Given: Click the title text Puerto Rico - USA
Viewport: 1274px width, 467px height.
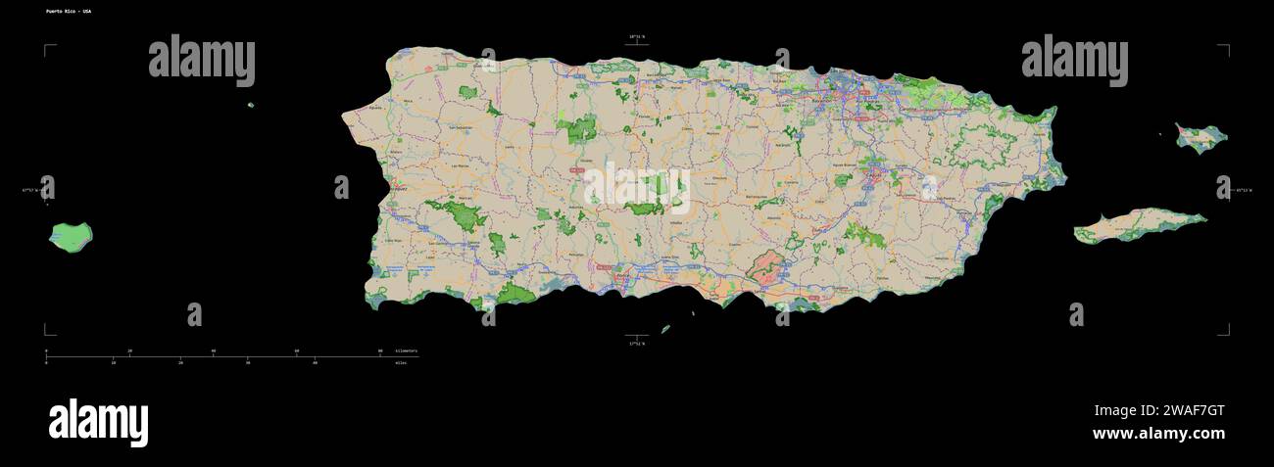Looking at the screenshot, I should click(69, 11).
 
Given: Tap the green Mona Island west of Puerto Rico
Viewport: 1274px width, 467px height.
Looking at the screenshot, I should click(71, 237).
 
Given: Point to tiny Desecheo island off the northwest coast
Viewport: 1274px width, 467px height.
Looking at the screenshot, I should click(251, 105).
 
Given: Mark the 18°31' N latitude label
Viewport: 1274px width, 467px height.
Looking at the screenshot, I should click(637, 37).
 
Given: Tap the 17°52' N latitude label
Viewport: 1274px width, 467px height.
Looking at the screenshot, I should click(637, 344).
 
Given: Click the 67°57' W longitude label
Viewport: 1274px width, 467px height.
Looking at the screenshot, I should click(32, 190).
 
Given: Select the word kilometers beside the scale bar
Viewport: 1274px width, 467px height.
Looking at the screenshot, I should click(406, 350).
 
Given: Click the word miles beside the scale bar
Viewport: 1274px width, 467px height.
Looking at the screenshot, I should click(401, 363).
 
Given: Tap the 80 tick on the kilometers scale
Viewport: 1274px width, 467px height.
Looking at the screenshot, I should click(381, 350).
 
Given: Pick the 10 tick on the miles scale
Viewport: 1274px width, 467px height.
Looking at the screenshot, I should click(114, 363).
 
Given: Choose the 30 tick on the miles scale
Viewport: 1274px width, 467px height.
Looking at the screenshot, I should click(248, 363).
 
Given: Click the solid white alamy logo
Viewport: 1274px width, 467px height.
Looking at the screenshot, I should click(98, 423).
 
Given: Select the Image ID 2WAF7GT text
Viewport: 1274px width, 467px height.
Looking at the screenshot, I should click(1159, 411).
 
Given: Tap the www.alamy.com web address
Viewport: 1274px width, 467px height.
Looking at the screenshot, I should click(1158, 434).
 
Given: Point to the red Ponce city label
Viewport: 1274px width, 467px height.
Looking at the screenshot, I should click(620, 277).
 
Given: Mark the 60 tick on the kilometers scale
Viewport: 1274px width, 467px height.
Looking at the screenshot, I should click(298, 350).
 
